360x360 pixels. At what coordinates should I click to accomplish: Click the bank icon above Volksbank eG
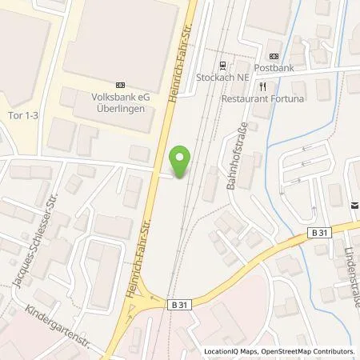[121, 84]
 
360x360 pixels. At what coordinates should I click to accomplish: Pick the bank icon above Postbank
[274, 56]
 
